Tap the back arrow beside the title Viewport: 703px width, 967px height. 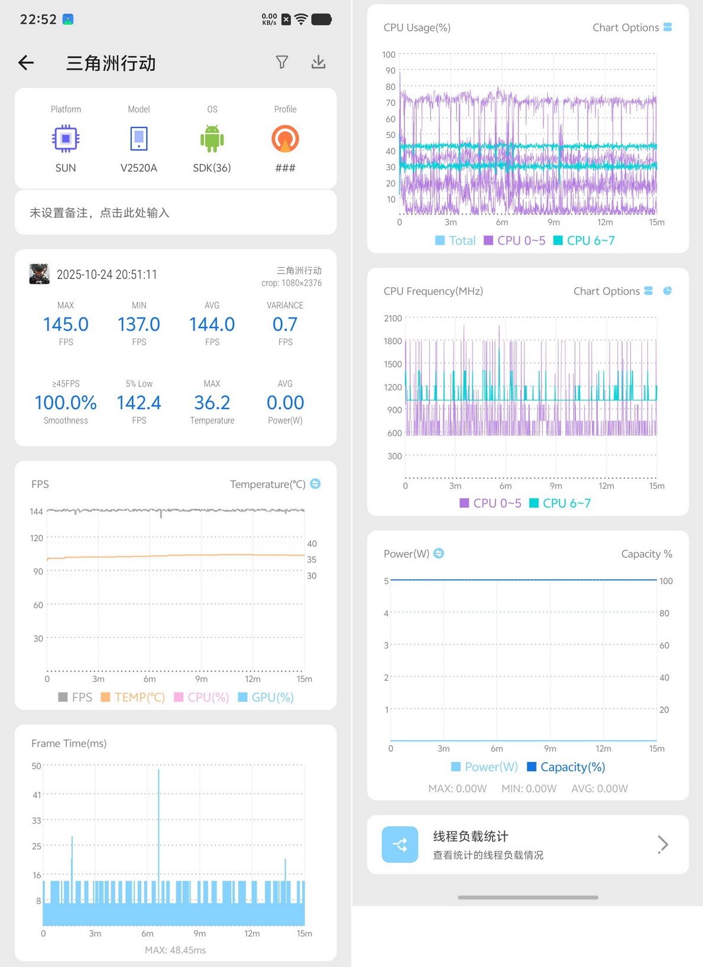pos(26,63)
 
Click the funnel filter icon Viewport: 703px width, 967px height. pos(282,62)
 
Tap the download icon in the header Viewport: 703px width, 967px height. pos(318,62)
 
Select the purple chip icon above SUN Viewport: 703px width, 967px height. pos(66,138)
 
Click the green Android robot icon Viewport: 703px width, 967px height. pos(212,138)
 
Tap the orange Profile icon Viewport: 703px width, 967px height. pos(285,138)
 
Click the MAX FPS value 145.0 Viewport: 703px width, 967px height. pos(66,324)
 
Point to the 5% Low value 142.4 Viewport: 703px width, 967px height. pos(139,403)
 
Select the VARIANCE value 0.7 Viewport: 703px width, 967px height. pos(285,324)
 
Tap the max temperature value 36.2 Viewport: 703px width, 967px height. pos(212,403)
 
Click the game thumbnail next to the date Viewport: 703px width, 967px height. pos(39,274)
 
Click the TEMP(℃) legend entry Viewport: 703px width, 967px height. pos(133,697)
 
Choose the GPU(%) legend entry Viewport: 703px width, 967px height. pos(266,697)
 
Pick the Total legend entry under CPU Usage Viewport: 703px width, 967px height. pos(455,241)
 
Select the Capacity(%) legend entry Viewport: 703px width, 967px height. pos(566,767)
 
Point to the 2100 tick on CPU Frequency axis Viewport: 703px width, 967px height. pos(393,319)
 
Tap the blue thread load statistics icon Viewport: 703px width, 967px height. pos(400,845)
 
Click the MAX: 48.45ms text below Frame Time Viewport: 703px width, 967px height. pos(176,950)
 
